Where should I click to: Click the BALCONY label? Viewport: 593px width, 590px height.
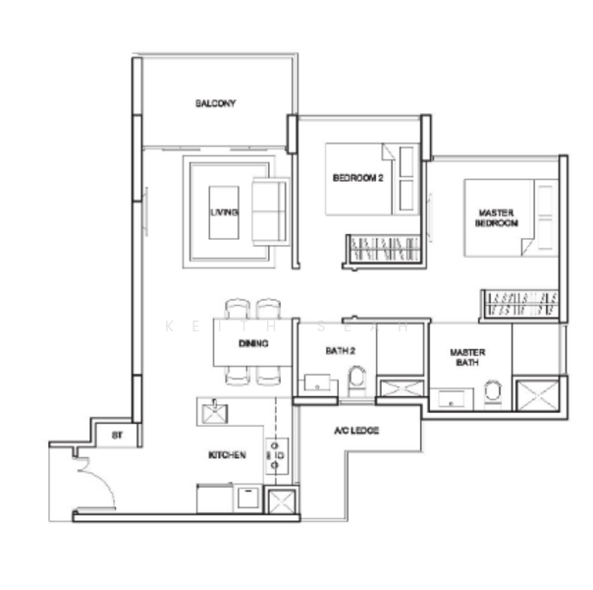(215, 103)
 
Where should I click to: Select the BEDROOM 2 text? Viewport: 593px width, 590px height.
(356, 178)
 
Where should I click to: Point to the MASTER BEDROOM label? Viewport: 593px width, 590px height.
(497, 218)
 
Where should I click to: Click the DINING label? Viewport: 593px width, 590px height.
(253, 343)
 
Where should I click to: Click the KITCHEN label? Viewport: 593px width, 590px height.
(227, 455)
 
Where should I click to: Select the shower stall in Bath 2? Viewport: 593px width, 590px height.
(401, 390)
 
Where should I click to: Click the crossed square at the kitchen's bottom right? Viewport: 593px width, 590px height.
(281, 501)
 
